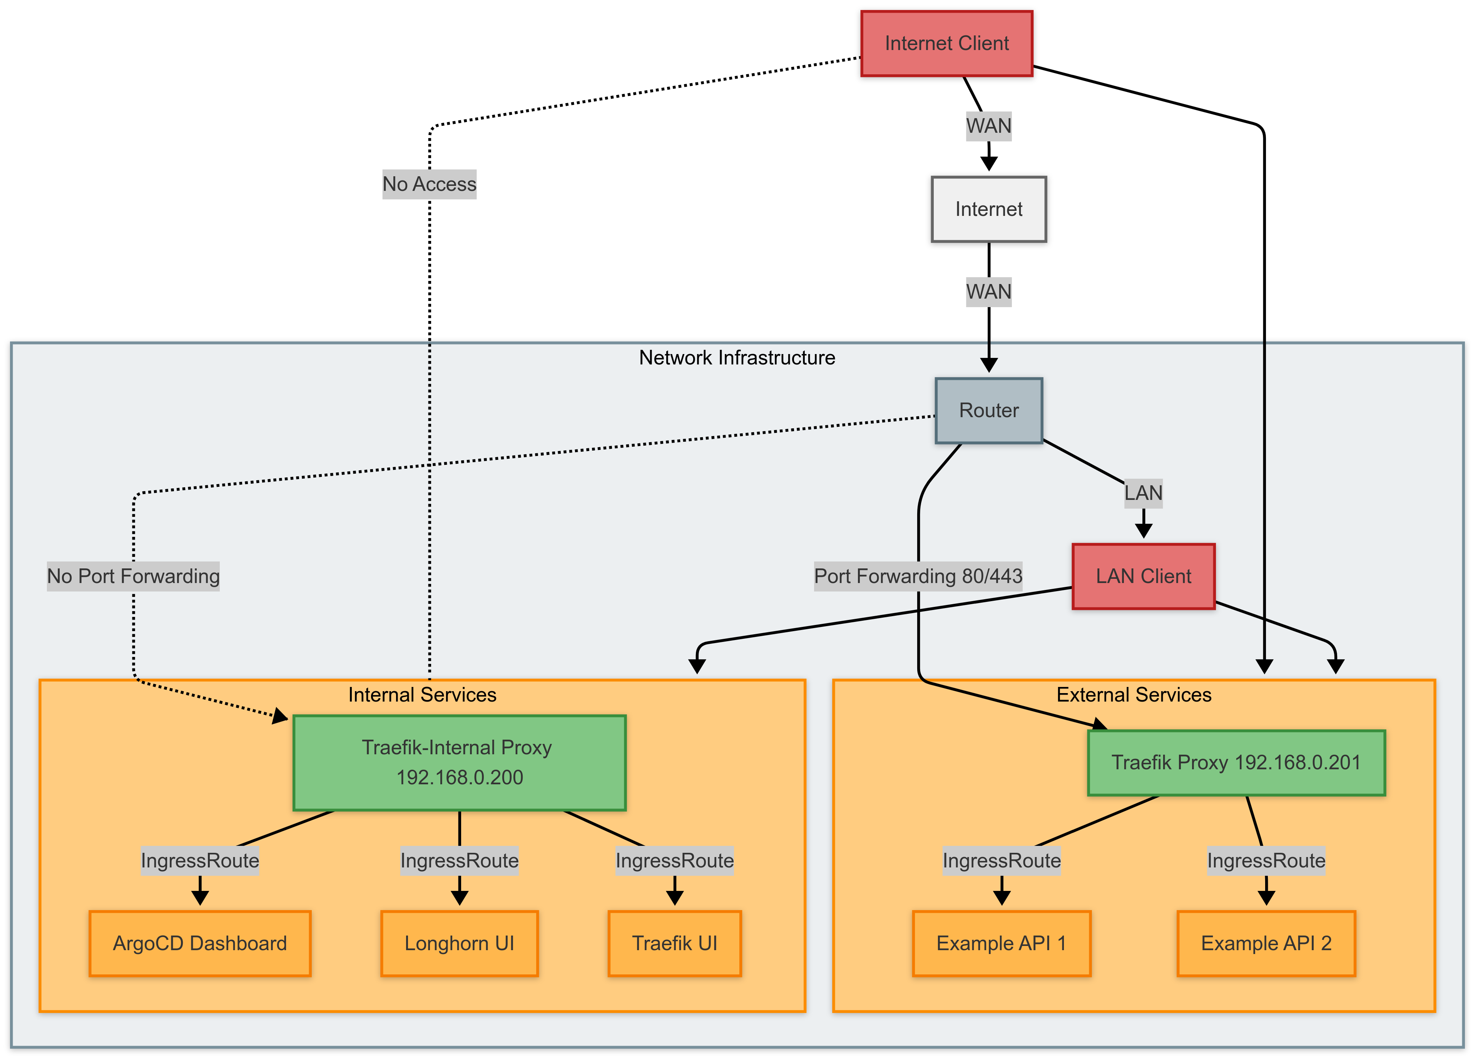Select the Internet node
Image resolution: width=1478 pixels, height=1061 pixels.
988,209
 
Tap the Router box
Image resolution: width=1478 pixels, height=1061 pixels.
988,411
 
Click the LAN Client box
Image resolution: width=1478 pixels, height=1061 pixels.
1143,576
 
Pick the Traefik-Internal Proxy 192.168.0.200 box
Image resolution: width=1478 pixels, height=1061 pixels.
460,762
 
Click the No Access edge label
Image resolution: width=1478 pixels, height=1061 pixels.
430,184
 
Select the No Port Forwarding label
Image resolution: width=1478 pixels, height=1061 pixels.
133,576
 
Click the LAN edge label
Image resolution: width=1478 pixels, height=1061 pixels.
1143,493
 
